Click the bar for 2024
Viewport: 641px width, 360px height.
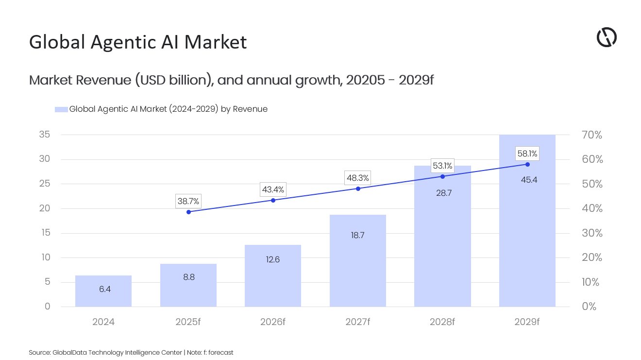pos(103,291)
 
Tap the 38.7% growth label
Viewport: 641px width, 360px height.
pos(188,201)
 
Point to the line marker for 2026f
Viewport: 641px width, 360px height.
pos(273,200)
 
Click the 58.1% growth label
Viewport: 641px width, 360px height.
pos(527,154)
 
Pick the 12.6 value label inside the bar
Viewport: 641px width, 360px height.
pos(273,259)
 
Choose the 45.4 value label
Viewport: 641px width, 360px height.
pos(527,180)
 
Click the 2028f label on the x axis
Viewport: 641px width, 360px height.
pos(442,322)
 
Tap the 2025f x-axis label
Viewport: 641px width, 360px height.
pos(188,322)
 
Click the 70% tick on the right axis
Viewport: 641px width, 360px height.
pos(591,135)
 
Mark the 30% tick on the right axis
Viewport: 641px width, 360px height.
pos(591,233)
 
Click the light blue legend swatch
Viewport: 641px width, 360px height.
pos(61,109)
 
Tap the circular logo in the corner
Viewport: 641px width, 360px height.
pos(607,37)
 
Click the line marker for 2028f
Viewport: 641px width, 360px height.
pos(442,176)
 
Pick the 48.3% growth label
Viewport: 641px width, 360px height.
pos(357,178)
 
